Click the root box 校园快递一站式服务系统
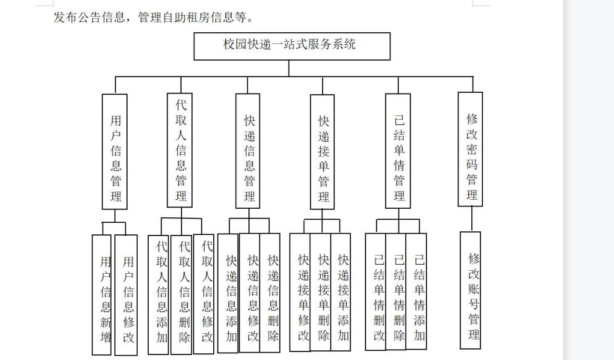click(292, 46)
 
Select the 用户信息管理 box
click(115, 151)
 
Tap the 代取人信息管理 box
click(180, 151)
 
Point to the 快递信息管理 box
click(248, 151)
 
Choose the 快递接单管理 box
click(322, 152)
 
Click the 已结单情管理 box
click(398, 151)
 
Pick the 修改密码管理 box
click(470, 149)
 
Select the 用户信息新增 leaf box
click(101, 294)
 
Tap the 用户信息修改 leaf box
click(126, 295)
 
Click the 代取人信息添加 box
click(159, 294)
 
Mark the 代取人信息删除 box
click(182, 294)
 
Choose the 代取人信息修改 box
click(204, 294)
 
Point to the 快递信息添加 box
click(228, 293)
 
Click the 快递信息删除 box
click(270, 293)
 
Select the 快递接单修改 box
click(300, 292)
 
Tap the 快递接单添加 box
click(341, 292)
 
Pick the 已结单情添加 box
click(416, 291)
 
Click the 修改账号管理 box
click(470, 290)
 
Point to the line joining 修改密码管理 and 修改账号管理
click(471, 219)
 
